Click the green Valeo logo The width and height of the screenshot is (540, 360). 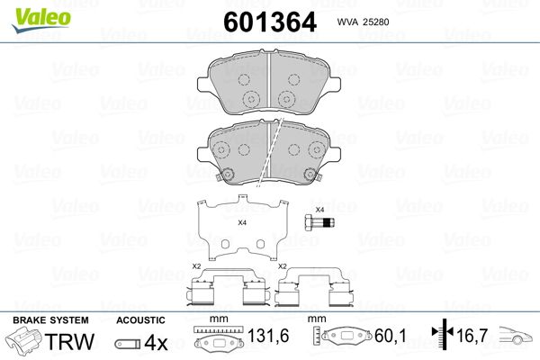(x=41, y=20)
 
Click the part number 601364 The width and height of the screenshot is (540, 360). (x=270, y=22)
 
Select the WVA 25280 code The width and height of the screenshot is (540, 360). (x=363, y=22)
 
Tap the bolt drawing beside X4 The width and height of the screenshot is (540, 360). (x=319, y=222)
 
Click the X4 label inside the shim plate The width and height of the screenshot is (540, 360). (x=242, y=222)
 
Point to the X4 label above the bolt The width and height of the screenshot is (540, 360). (x=319, y=210)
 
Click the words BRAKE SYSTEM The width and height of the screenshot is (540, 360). (x=50, y=320)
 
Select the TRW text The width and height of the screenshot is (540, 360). (x=69, y=341)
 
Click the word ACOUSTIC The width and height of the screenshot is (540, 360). (x=140, y=320)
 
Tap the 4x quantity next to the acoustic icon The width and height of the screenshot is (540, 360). (x=156, y=342)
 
